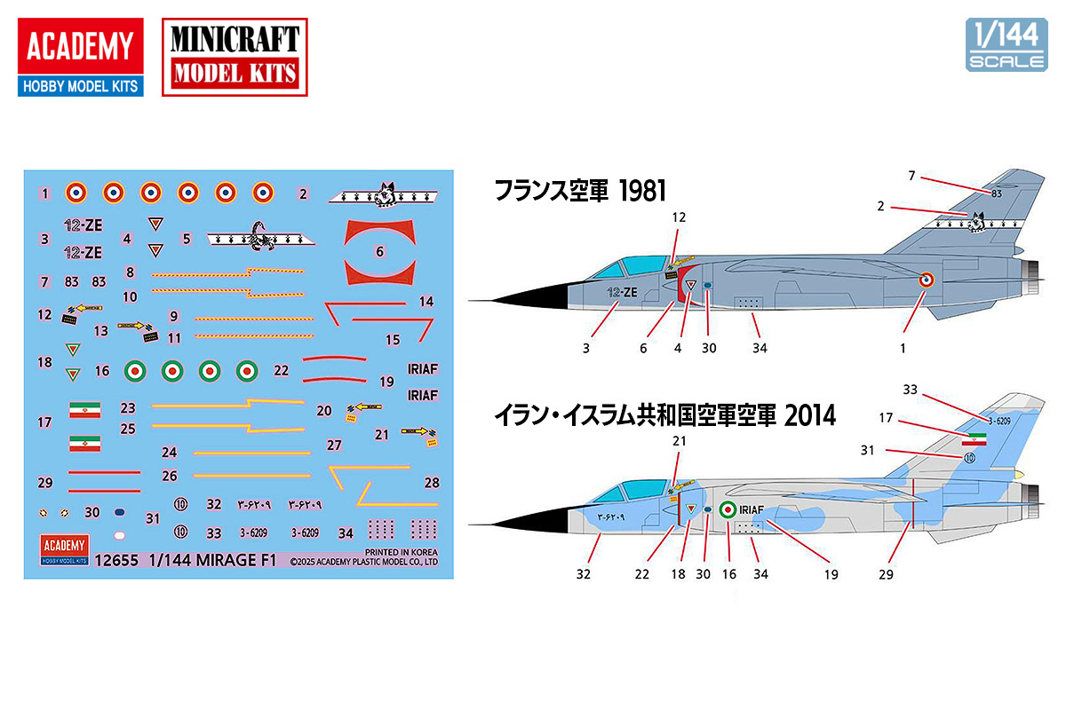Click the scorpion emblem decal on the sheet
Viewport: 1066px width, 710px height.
pos(262,237)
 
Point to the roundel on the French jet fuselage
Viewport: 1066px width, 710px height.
pos(926,280)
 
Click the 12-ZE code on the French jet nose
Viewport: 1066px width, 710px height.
pos(623,292)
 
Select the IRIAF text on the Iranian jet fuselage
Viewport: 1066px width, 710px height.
pos(752,509)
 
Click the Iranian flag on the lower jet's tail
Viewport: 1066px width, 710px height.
pos(975,438)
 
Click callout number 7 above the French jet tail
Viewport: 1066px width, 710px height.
pos(911,176)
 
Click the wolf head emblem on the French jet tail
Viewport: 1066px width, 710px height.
pos(980,219)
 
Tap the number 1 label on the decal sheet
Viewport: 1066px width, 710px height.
pos(44,193)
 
